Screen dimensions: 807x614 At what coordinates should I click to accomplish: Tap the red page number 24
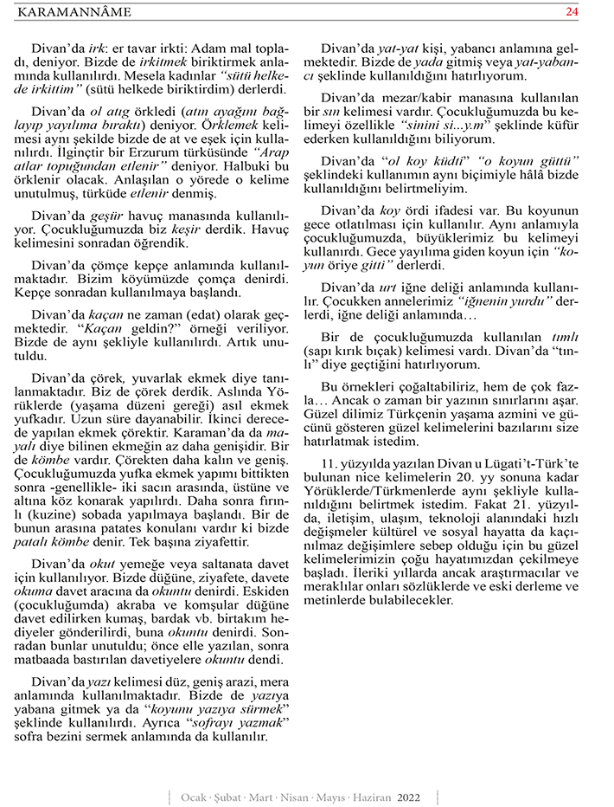(x=572, y=12)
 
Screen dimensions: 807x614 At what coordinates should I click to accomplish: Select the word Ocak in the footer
(x=194, y=796)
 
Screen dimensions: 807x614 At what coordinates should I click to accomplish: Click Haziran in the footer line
(x=374, y=796)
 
